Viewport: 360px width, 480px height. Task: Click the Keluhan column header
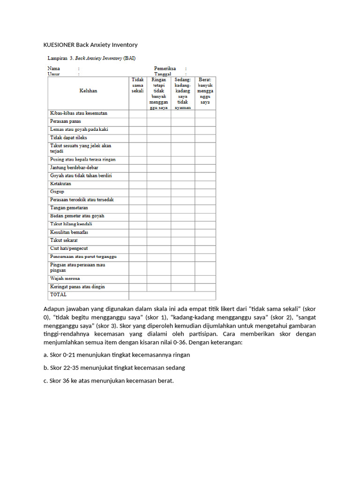(88, 91)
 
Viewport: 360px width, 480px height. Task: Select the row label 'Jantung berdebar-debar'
(74, 167)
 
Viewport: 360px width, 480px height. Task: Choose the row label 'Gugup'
(57, 192)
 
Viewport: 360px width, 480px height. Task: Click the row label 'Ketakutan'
(60, 184)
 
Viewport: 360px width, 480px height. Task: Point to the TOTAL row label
(58, 295)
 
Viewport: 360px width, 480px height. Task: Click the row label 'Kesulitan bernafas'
(69, 232)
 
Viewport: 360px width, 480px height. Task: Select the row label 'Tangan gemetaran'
(69, 208)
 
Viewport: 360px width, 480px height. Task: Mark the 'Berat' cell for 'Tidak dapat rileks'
(205, 138)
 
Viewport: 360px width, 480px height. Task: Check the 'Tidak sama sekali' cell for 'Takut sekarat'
(138, 240)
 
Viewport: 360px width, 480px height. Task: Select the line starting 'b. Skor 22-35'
(114, 368)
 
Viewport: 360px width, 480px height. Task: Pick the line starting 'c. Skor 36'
(108, 381)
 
